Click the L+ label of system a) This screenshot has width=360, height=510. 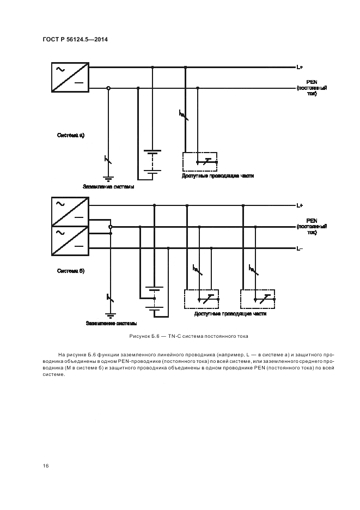point(300,68)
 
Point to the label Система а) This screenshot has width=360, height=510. point(71,134)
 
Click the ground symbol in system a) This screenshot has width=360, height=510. point(108,178)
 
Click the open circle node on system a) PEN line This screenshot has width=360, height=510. point(108,88)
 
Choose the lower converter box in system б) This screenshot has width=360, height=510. point(71,240)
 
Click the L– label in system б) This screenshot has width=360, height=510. point(300,249)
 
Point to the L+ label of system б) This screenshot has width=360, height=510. point(300,205)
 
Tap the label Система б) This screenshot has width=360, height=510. point(71,270)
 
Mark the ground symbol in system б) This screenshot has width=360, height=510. point(111,315)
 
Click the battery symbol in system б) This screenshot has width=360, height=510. point(154,301)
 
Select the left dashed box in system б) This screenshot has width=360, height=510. point(202,299)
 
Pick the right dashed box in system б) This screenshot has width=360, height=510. point(258,299)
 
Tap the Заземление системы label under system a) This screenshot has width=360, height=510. point(108,186)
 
